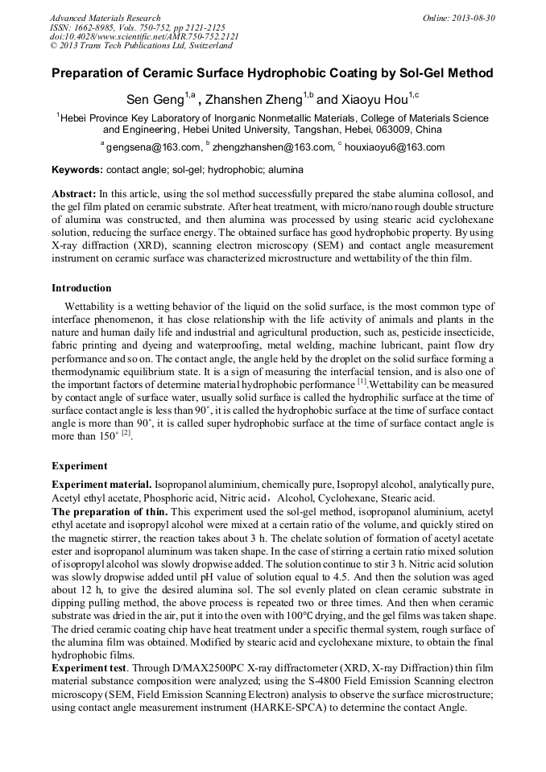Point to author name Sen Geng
[x=155, y=101]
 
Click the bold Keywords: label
[x=77, y=171]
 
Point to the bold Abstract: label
[x=74, y=195]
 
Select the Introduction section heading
[x=81, y=288]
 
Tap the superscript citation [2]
[x=126, y=434]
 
